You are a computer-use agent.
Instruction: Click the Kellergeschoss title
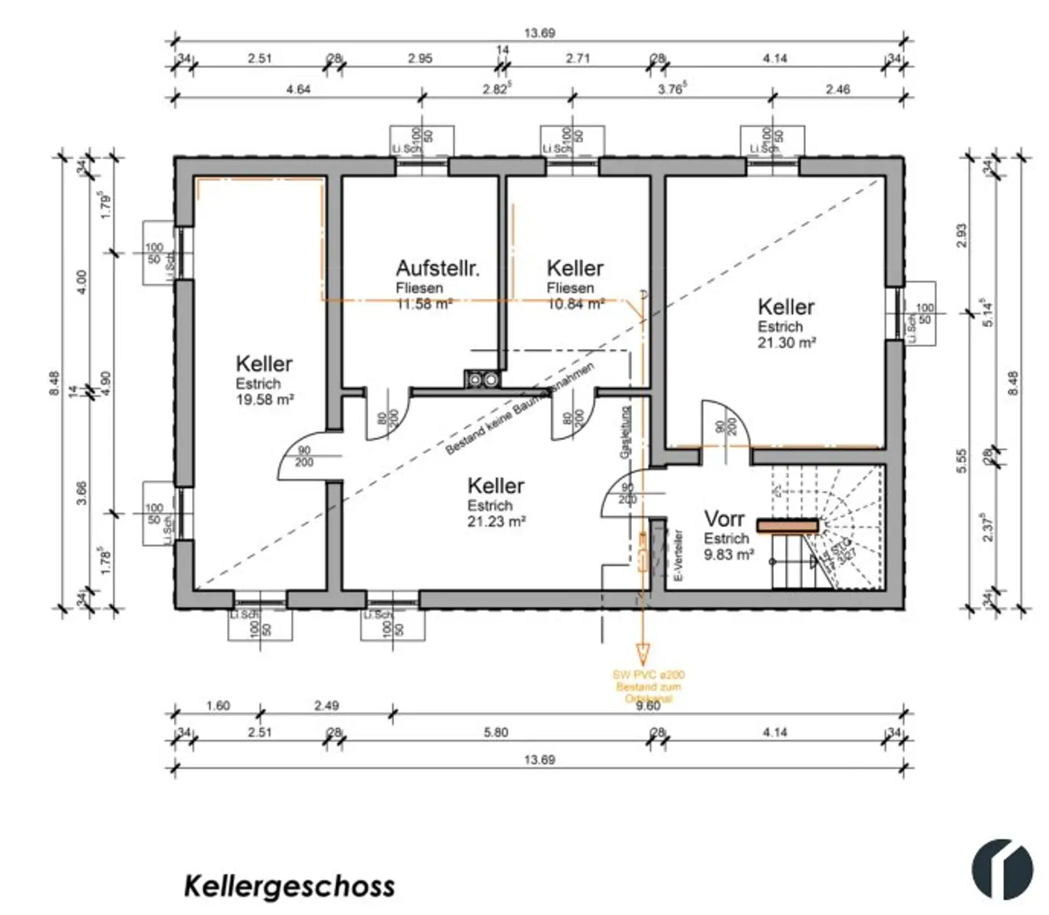click(289, 886)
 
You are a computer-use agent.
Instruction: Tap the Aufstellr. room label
click(437, 268)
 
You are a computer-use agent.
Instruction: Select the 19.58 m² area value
click(264, 400)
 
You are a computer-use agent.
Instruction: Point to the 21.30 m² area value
click(786, 343)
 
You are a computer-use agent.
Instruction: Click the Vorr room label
click(723, 519)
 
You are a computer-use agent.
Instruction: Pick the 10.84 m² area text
click(576, 305)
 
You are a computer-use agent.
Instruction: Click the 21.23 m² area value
click(496, 522)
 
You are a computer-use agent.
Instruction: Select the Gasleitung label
click(625, 432)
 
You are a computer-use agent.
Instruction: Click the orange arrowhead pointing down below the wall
click(642, 651)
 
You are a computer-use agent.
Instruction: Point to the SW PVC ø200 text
click(648, 675)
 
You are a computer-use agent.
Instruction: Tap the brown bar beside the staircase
click(787, 526)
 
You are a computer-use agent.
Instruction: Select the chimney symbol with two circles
click(482, 379)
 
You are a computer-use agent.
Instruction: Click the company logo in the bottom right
click(1002, 869)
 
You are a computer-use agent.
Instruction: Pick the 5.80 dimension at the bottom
click(496, 732)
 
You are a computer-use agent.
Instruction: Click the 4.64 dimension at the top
click(298, 89)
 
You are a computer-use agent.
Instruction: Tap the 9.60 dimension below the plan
click(647, 705)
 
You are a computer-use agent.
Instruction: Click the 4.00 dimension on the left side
click(81, 281)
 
